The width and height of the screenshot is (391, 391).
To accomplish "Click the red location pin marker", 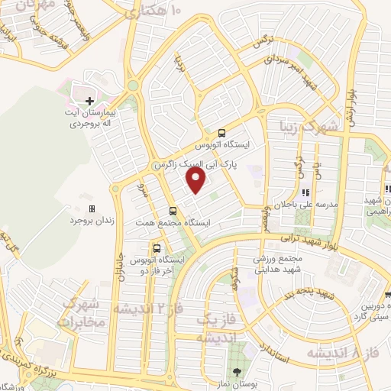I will (x=196, y=181).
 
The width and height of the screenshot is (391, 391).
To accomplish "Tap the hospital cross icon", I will (x=89, y=100).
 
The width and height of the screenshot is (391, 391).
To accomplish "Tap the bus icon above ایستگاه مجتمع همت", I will (x=173, y=211).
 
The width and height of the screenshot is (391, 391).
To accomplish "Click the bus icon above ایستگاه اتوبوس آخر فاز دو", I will (x=157, y=248).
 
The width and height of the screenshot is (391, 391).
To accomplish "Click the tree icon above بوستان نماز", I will (x=237, y=371).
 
